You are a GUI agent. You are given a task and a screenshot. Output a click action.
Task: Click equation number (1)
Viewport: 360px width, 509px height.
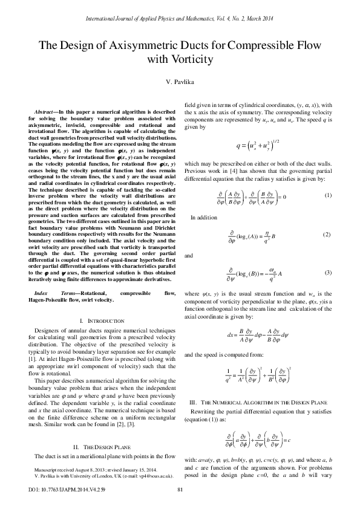(328, 195)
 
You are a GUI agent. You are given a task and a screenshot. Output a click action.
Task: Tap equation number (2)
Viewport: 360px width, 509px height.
(328, 234)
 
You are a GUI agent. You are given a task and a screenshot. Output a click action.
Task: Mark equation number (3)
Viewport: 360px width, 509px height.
(328, 273)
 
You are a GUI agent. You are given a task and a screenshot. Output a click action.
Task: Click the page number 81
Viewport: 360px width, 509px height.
(180, 489)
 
